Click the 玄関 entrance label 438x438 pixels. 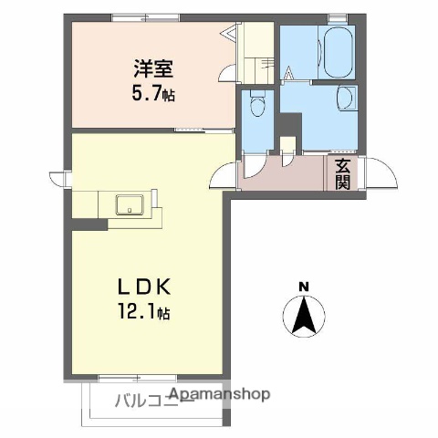(x=342, y=173)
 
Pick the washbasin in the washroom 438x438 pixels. (x=346, y=98)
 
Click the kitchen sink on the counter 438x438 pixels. (x=128, y=203)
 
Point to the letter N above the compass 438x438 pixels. (x=304, y=287)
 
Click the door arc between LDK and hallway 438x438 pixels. (x=224, y=173)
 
